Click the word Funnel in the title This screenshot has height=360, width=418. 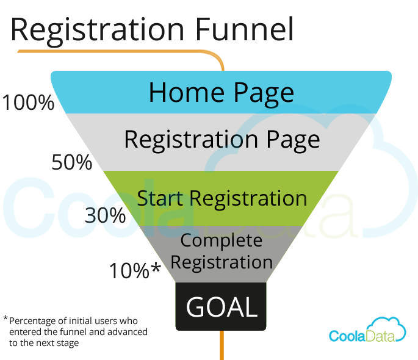(x=245, y=29)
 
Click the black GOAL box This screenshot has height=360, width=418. (x=221, y=306)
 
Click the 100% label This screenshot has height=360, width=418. (x=28, y=103)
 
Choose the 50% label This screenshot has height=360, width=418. (x=72, y=162)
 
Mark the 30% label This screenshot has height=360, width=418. (x=105, y=215)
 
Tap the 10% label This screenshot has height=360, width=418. (x=129, y=271)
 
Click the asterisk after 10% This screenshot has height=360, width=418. (x=156, y=268)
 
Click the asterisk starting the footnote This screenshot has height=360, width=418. (x=5, y=318)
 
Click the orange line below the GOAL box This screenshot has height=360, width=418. (x=222, y=345)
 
